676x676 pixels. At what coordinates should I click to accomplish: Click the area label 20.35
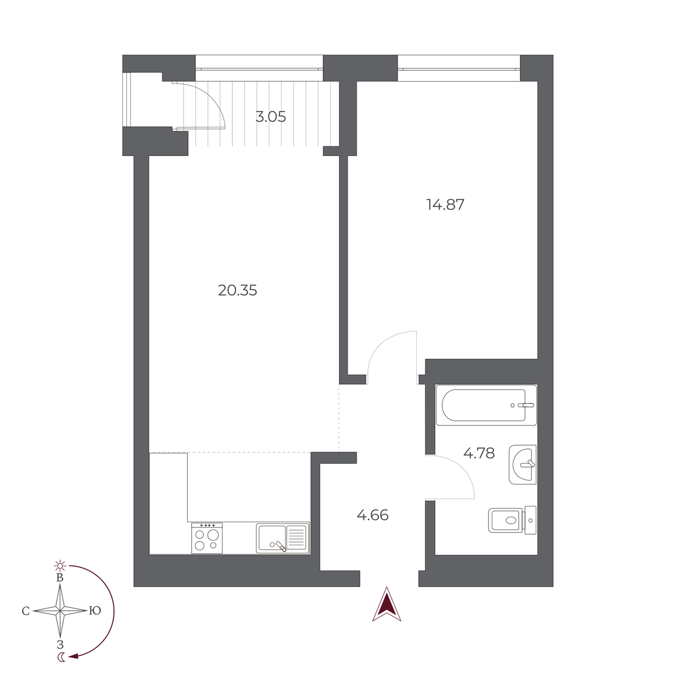[x=237, y=291]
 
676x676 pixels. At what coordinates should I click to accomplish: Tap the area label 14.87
[x=445, y=204]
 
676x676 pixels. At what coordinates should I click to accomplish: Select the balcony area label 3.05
[x=270, y=117]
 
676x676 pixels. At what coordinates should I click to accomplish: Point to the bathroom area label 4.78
[x=478, y=453]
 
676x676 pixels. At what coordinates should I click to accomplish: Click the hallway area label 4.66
[x=372, y=515]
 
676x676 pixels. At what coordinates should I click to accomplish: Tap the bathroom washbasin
[x=523, y=464]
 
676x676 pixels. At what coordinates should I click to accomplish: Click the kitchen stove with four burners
[x=207, y=539]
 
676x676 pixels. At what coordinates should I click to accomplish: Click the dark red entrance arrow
[x=386, y=604]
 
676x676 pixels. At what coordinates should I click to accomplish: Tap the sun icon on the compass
[x=60, y=566]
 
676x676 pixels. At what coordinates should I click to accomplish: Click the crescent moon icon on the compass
[x=61, y=657]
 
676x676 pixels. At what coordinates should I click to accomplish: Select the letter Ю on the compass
[x=95, y=611]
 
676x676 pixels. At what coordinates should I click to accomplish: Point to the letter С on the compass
[x=25, y=611]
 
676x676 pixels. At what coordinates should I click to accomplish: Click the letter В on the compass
[x=60, y=578]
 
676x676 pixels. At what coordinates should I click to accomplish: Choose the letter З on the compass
[x=60, y=644]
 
